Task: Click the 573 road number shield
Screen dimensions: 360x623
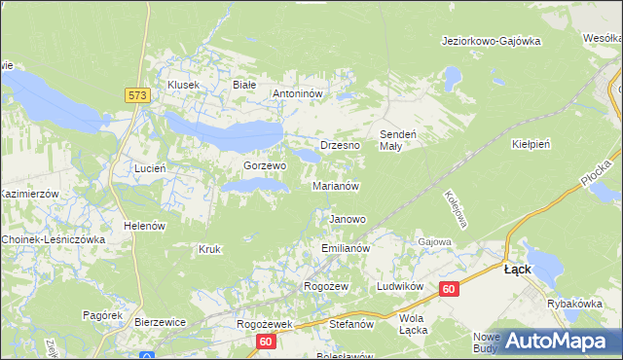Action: tap(135, 94)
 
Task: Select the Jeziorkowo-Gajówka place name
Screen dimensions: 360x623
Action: tap(490, 41)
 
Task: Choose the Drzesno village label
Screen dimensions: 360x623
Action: tap(340, 145)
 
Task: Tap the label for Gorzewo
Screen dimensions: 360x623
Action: tap(265, 166)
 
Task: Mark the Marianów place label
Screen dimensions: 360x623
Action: tap(337, 186)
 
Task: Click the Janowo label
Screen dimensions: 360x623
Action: tap(348, 220)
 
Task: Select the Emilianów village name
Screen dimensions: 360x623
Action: tap(346, 249)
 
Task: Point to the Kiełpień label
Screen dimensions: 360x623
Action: tap(531, 144)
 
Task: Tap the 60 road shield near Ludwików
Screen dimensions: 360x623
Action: tap(448, 289)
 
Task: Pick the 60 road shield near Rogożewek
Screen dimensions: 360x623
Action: tap(266, 342)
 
